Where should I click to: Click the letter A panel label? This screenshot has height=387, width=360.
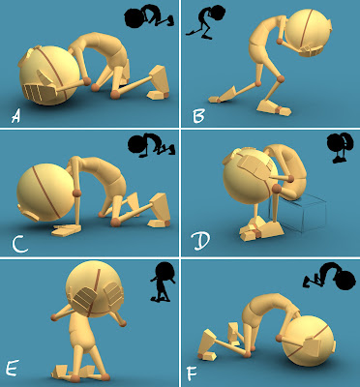coord(15,116)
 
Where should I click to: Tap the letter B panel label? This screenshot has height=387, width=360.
coord(198,116)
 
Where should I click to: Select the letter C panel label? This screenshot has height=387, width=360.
coord(19,245)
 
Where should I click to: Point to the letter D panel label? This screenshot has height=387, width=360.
coord(200,242)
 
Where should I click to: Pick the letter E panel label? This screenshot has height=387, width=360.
coord(12,368)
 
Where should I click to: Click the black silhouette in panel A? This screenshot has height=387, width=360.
coord(149,15)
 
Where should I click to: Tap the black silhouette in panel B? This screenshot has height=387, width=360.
coord(205,21)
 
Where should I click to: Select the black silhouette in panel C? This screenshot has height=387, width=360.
coord(152,145)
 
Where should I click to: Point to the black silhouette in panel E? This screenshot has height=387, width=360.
coord(163,283)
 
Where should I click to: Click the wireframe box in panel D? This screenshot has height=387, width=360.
coord(297,213)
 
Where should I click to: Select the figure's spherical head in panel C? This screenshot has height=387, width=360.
coord(45,193)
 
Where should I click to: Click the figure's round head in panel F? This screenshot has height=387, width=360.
coord(309,342)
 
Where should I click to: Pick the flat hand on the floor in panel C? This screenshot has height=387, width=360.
coord(66,230)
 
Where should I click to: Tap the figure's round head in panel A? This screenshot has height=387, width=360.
coord(49,75)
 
